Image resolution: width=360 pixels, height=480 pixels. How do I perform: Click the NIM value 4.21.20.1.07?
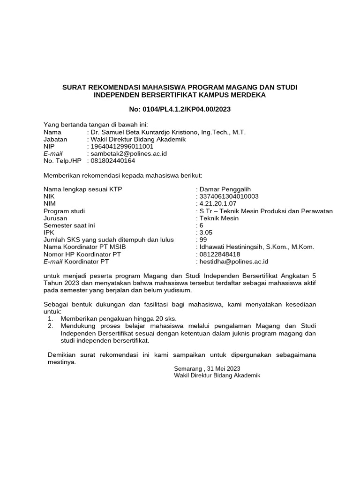pos(218,204)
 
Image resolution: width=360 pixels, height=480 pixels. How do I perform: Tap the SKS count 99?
pos(203,240)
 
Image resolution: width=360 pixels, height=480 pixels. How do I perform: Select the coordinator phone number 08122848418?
pos(220,254)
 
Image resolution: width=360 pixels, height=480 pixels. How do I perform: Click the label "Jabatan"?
pos(55,139)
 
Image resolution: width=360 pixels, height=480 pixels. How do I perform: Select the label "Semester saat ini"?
pos(69,225)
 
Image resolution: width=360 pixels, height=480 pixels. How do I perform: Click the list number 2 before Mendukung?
pos(50,326)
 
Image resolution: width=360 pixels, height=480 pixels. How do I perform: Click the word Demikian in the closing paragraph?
pos(63,355)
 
